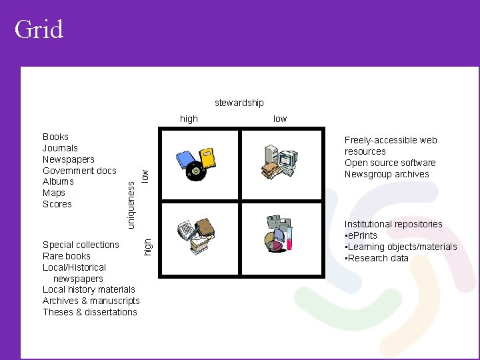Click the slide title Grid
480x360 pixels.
point(39,29)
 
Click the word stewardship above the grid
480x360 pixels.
point(239,103)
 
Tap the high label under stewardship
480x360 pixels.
point(189,119)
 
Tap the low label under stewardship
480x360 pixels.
point(280,119)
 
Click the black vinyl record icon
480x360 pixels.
point(195,172)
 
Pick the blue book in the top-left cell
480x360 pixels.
point(185,160)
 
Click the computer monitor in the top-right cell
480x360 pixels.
point(287,158)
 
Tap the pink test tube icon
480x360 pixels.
point(289,238)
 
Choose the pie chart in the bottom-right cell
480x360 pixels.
point(275,241)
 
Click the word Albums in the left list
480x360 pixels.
point(58,181)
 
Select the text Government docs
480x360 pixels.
point(79,171)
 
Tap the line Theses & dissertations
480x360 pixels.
point(90,312)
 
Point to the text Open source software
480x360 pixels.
point(390,163)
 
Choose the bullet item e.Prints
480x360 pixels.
point(362,235)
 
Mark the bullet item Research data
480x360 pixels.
point(377,258)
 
